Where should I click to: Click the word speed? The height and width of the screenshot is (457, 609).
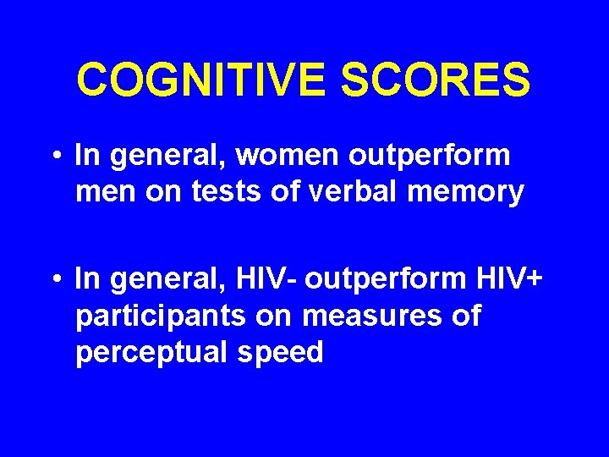point(281,353)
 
